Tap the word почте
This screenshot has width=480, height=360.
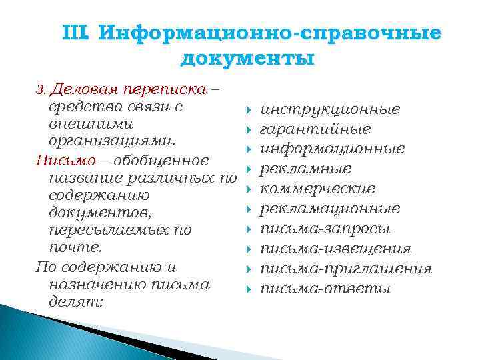[x=76, y=247]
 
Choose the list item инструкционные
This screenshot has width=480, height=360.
[x=330, y=109]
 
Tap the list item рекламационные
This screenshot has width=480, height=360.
[x=330, y=209]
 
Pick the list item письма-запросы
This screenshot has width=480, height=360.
[x=325, y=229]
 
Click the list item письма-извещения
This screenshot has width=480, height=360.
[x=335, y=249]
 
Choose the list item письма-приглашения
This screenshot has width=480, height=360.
[x=345, y=269]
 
